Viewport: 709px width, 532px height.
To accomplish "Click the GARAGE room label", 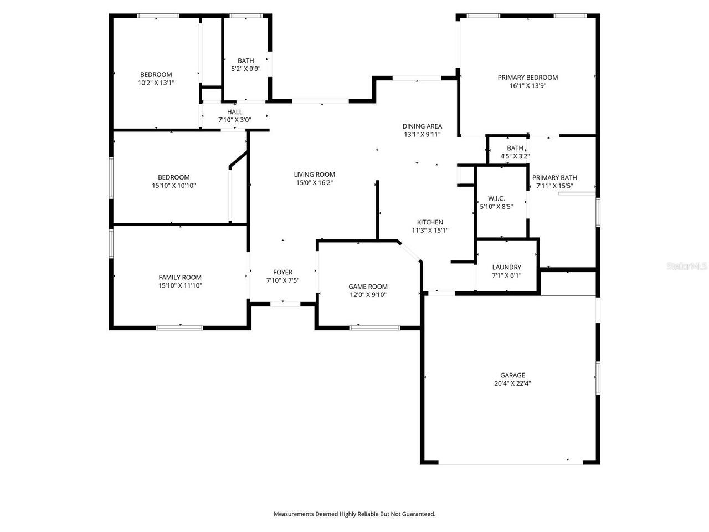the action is point(512,375).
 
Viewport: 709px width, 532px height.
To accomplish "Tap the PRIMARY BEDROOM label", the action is point(527,78).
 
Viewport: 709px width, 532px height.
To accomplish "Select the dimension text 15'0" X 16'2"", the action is point(314,183).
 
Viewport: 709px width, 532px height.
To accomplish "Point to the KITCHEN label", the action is point(430,222).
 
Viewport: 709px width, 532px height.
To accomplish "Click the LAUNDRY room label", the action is point(506,267).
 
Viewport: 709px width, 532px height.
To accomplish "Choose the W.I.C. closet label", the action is point(496,198).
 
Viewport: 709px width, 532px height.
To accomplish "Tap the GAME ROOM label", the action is point(368,287).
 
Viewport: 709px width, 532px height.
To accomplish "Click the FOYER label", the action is point(282,272).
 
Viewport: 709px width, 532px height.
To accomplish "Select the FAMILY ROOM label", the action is point(180,278).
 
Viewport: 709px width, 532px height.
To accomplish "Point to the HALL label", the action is point(234,112).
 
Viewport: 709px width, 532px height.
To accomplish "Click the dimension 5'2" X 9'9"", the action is point(245,69).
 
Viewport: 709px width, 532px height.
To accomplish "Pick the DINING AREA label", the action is point(422,126).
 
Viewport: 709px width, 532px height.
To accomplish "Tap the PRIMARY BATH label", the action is point(554,178).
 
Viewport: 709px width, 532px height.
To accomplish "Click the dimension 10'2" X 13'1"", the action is point(156,83).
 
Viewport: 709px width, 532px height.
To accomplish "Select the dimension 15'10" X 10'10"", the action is point(174,186).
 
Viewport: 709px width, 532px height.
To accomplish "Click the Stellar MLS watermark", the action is point(687,266).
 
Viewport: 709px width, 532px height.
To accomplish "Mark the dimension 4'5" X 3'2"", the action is point(515,156).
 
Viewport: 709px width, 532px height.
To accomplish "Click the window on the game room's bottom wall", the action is point(374,328).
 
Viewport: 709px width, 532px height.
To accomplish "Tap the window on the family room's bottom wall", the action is point(179,328).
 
